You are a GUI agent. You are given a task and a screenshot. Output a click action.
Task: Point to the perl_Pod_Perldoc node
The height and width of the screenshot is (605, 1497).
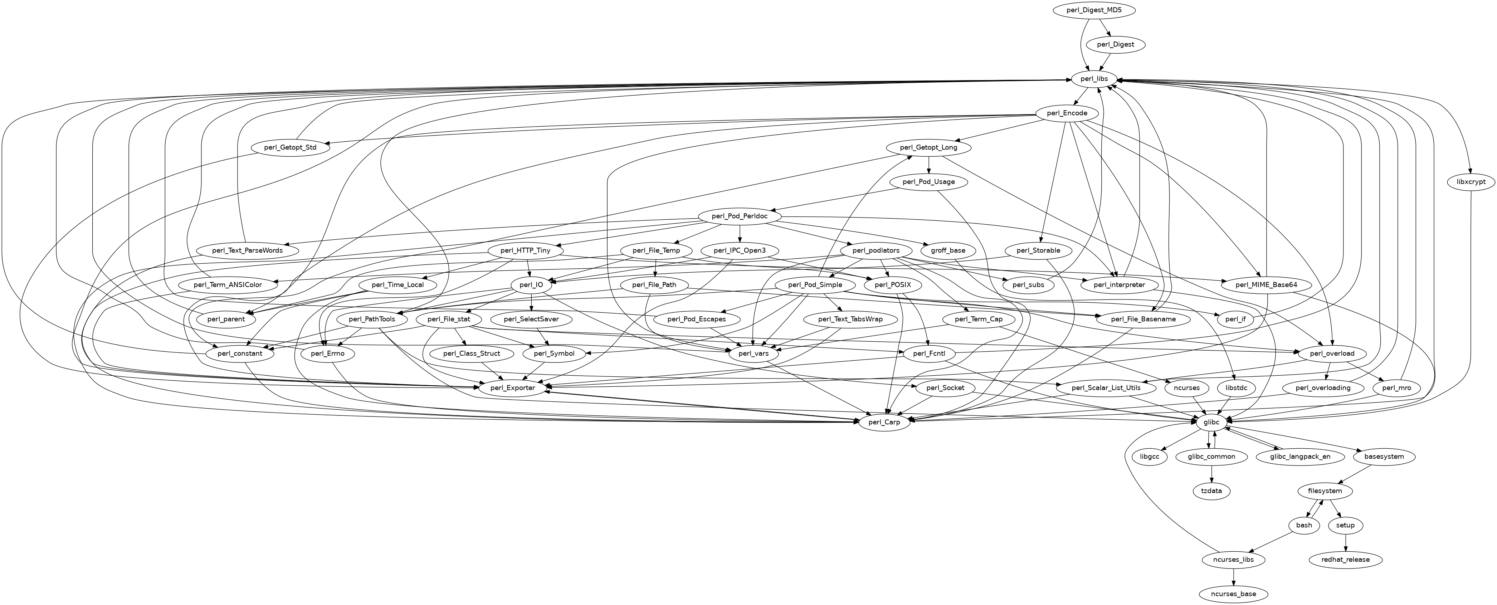pyautogui.click(x=740, y=216)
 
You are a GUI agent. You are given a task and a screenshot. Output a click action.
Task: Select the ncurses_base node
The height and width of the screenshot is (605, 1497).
pyautogui.click(x=1233, y=594)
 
